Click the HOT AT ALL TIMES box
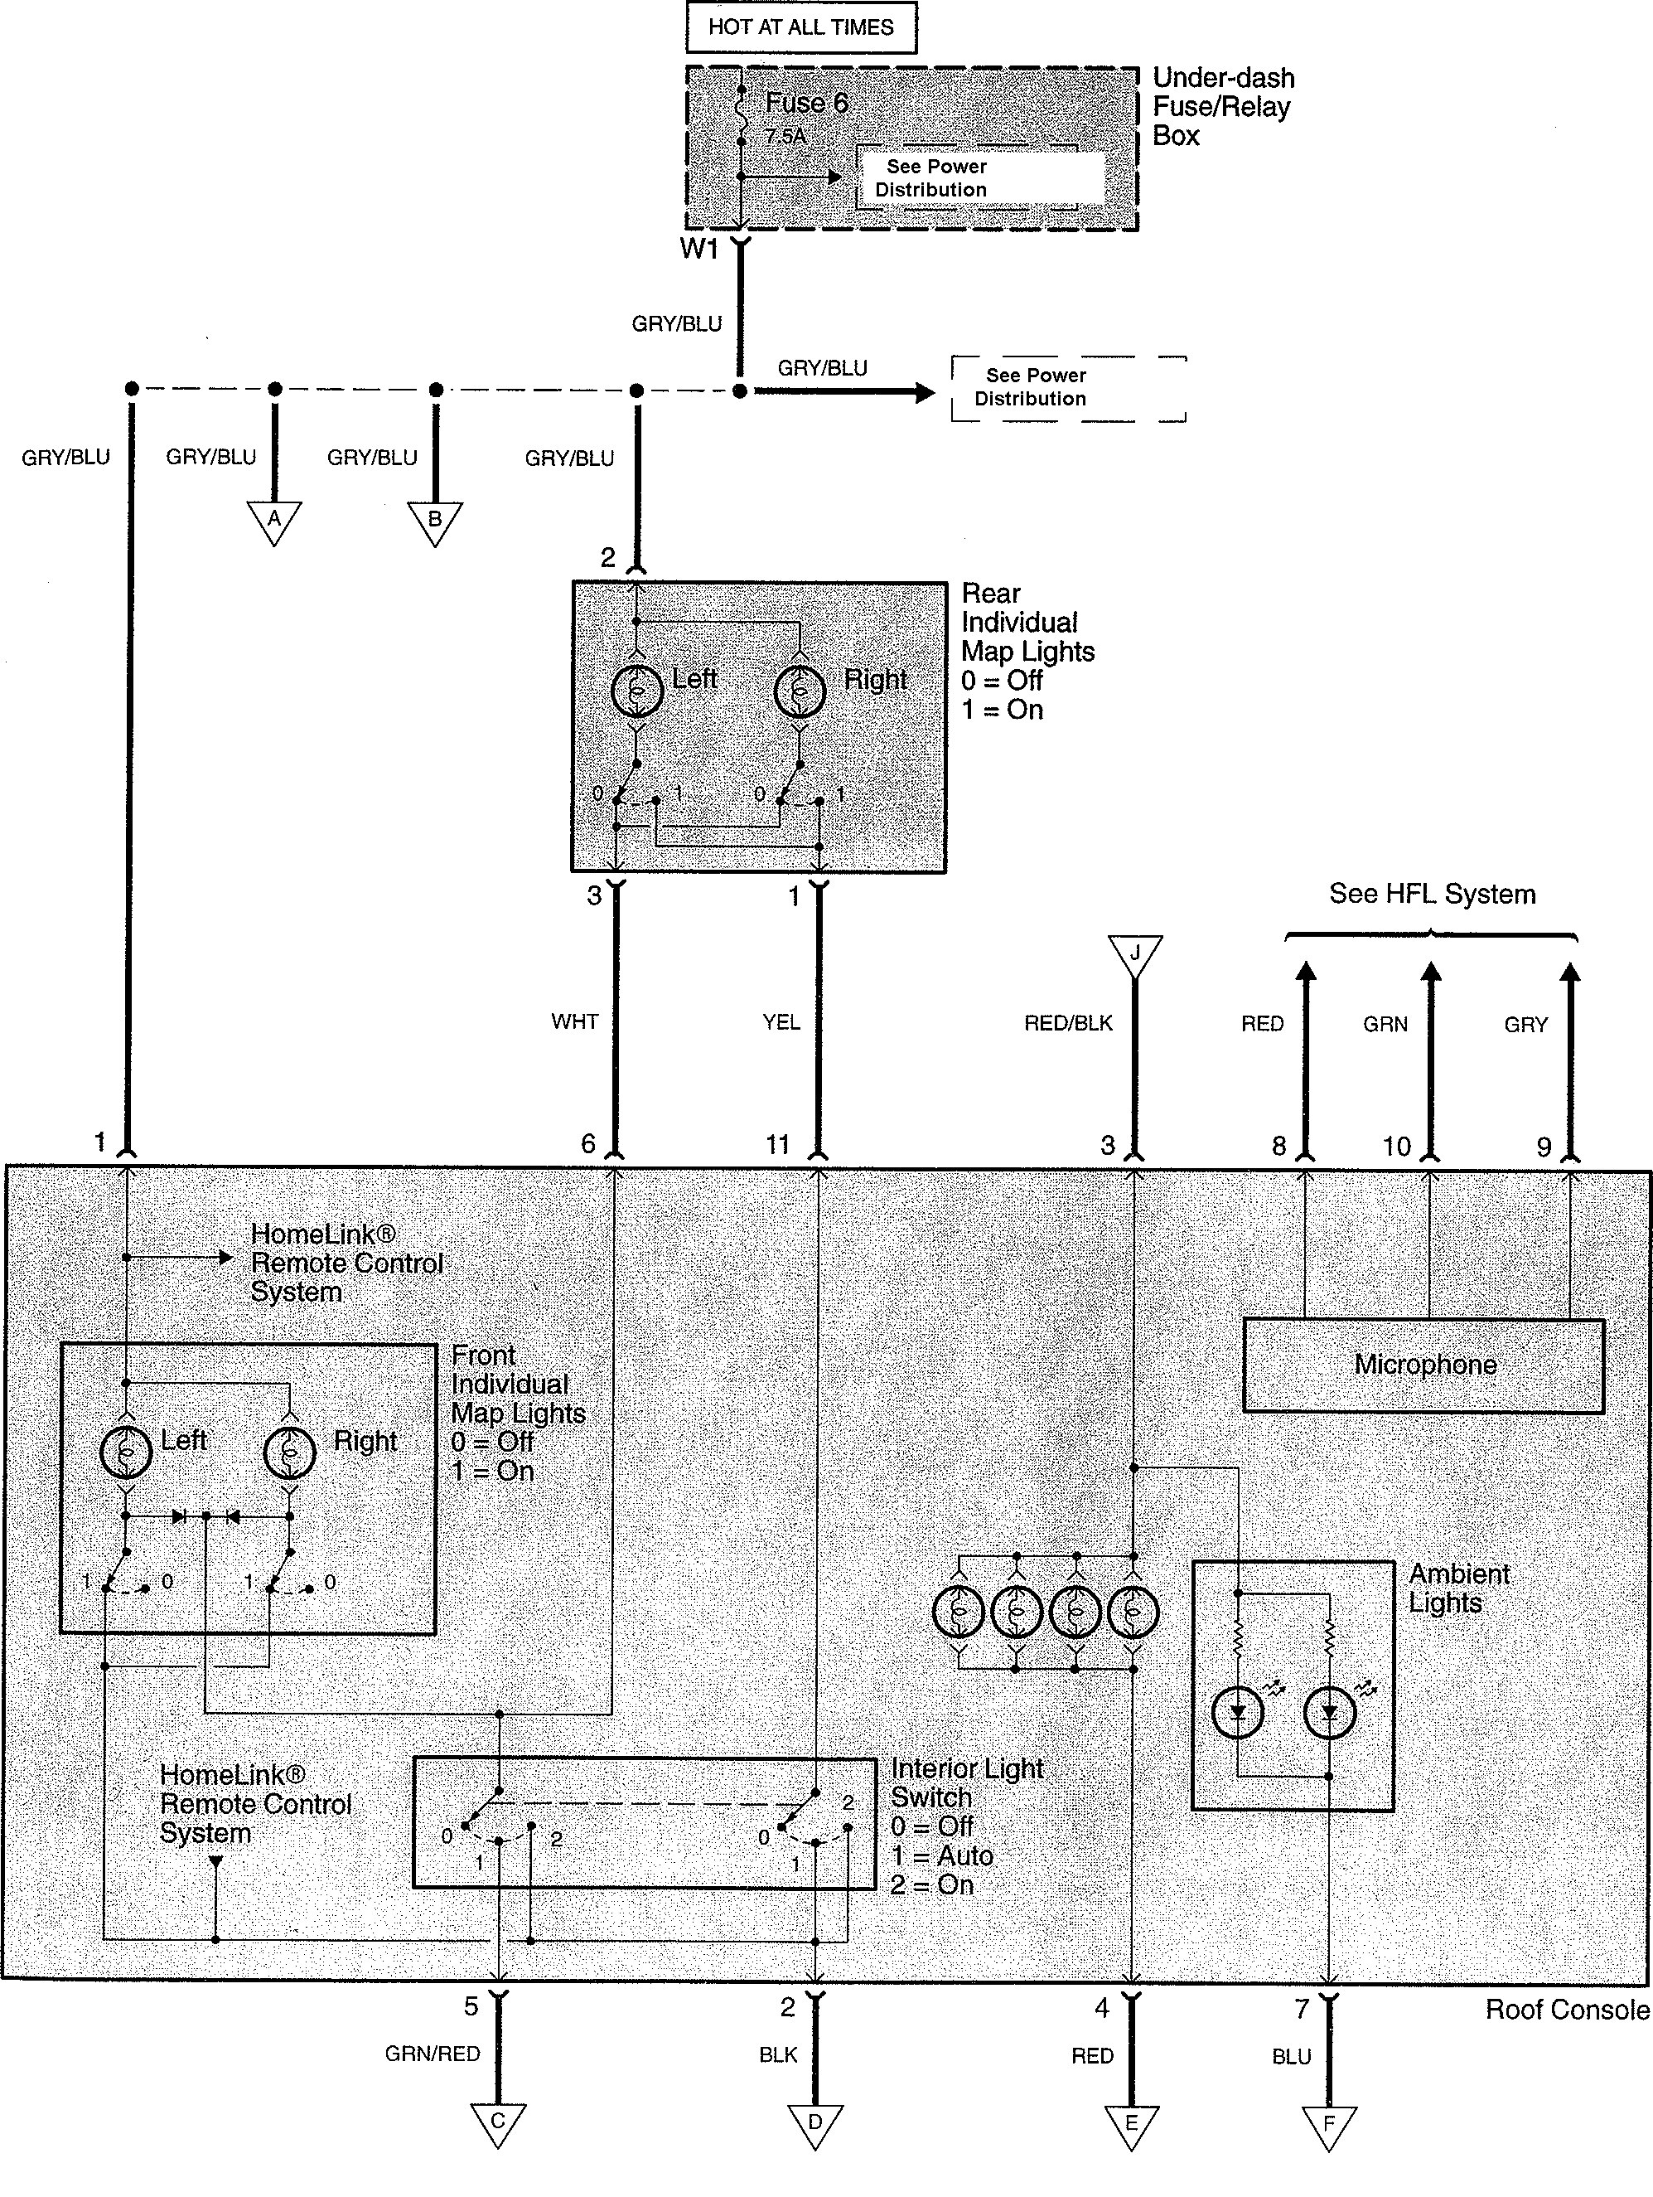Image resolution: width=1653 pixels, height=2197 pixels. point(800,28)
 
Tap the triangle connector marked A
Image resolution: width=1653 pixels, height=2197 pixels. point(274,521)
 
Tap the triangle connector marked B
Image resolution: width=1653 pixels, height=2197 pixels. point(435,521)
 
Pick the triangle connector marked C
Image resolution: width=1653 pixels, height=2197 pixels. point(497,2122)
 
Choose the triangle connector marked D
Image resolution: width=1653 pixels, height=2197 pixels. point(815,2122)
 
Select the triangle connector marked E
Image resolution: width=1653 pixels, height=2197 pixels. point(1131,2123)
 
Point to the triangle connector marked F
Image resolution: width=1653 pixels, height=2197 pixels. point(1328,2125)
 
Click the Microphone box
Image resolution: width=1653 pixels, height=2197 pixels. point(1423,1365)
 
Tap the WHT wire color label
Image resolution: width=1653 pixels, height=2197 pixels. point(575,1021)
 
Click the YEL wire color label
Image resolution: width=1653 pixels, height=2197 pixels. point(781,1022)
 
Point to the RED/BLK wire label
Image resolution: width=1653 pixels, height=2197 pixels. point(1068,1023)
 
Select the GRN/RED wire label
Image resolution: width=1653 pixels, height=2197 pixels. point(433,2053)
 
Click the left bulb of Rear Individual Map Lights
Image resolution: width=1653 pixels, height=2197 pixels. point(636,691)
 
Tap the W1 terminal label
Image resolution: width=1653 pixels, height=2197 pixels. point(699,249)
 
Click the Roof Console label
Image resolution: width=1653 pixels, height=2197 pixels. point(1567,2010)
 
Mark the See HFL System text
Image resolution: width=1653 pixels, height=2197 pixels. point(1432,894)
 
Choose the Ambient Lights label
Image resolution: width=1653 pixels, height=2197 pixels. point(1458,1588)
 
